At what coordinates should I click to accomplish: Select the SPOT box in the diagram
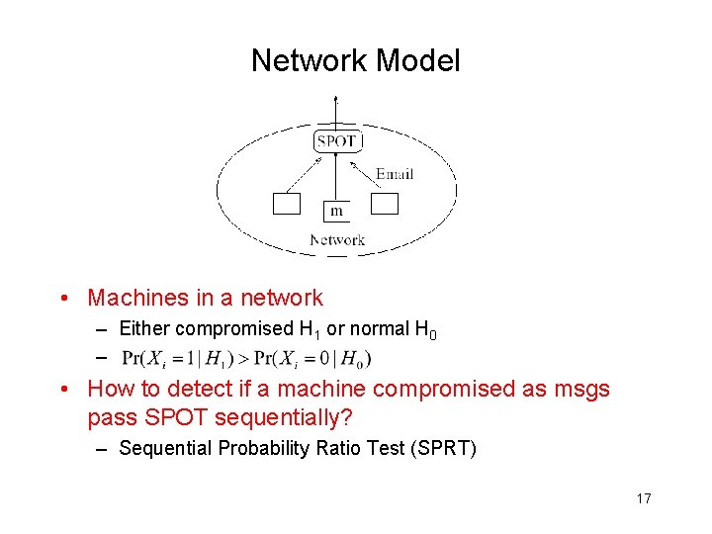click(336, 141)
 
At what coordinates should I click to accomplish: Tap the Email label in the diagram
click(395, 175)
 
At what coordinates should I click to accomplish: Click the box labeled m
click(337, 211)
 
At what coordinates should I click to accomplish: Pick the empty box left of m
click(286, 204)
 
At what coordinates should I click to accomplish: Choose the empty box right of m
click(385, 204)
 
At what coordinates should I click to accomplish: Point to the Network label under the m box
click(337, 239)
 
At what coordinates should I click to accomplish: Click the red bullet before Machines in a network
click(62, 298)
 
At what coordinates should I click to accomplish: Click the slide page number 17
click(644, 497)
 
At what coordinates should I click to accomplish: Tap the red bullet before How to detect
click(62, 389)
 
